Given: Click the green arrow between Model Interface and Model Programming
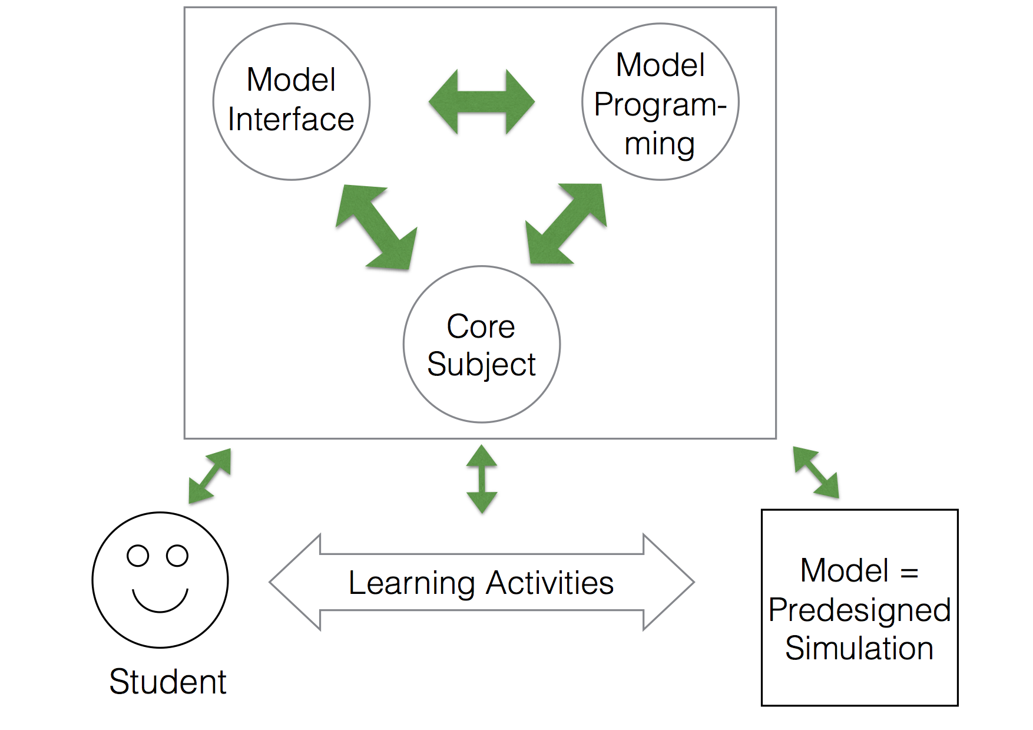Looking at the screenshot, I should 482,102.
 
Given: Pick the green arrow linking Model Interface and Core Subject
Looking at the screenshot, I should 376,227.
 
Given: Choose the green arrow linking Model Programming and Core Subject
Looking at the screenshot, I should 566,224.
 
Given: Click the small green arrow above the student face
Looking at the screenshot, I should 210,476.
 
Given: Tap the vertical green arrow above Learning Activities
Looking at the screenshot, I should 482,479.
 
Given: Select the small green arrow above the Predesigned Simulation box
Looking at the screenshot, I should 816,472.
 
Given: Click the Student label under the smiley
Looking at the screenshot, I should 168,682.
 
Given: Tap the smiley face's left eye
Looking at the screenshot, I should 138,556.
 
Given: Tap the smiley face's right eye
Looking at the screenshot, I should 177,556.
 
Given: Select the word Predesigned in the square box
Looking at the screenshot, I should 859,610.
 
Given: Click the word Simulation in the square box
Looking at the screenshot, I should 859,648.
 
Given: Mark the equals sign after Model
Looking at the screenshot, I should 909,572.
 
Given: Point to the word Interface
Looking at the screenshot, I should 291,120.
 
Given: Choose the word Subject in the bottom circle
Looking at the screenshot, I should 481,365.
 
